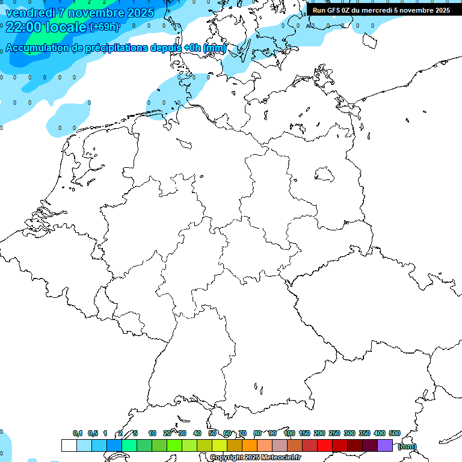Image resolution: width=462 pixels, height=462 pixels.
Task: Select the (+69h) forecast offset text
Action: (103, 27)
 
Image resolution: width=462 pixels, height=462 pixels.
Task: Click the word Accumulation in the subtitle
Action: (37, 48)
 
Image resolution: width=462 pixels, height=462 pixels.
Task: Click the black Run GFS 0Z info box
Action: (383, 10)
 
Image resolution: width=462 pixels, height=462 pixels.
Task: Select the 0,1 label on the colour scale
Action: (78, 433)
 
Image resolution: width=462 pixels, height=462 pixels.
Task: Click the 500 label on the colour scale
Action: (394, 433)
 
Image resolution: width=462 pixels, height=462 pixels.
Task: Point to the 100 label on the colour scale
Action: (289, 433)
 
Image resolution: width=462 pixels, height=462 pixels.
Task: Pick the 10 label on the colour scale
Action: (152, 433)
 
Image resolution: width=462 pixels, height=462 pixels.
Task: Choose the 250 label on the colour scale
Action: (334, 433)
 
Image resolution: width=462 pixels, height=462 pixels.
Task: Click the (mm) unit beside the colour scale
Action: (407, 446)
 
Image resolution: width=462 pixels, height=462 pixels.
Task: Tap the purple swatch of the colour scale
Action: (385, 445)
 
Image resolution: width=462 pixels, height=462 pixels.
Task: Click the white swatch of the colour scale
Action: (69, 445)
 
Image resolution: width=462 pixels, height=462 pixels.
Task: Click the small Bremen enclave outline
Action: (184, 143)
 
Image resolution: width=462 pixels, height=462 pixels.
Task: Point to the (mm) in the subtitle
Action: (215, 48)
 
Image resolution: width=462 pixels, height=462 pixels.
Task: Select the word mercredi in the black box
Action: (375, 10)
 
